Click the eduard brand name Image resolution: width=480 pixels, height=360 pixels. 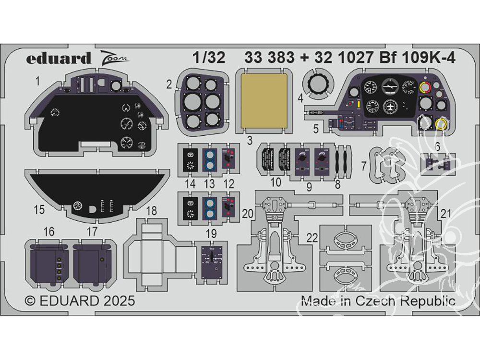[x=59, y=59]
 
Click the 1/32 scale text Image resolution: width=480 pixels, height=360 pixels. [x=210, y=58]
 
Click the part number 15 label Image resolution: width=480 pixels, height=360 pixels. [x=39, y=210]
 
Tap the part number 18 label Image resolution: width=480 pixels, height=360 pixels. [x=151, y=211]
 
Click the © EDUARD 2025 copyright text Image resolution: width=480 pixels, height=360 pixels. [x=80, y=301]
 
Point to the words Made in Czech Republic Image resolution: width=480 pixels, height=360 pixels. [x=378, y=301]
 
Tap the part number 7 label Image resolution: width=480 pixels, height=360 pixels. [x=364, y=166]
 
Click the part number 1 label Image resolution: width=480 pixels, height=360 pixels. [x=37, y=82]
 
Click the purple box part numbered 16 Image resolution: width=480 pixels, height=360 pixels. [x=48, y=263]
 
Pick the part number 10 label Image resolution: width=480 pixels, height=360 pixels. [x=275, y=182]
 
